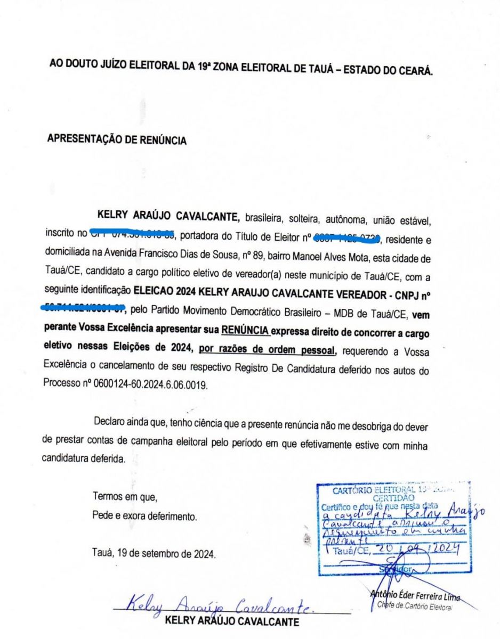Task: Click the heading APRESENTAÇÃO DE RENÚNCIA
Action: point(117,140)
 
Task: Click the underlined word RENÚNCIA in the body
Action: point(246,330)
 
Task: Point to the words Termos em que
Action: point(125,498)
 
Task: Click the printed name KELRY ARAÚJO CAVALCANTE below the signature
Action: point(232,621)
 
